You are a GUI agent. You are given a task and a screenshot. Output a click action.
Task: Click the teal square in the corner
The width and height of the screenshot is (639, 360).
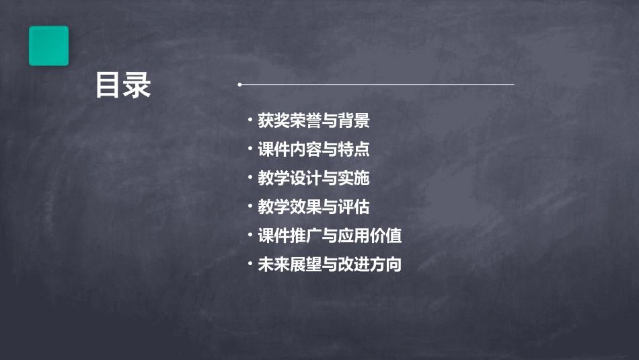click(48, 46)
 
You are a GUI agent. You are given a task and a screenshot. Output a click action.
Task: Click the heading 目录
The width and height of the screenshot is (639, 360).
click(123, 85)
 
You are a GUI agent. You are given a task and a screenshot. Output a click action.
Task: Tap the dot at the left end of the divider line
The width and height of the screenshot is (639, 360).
click(240, 85)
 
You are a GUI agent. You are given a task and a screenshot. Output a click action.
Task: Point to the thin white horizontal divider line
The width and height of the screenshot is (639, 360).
click(377, 85)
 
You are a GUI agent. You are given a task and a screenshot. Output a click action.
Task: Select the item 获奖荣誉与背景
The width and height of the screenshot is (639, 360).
click(313, 121)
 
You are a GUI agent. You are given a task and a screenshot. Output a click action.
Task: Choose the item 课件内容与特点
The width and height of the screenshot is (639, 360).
click(313, 149)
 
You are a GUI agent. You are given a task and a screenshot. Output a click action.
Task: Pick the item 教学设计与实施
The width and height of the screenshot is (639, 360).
click(313, 178)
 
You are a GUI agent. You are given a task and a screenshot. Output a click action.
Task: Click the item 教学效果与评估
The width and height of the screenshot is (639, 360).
click(313, 207)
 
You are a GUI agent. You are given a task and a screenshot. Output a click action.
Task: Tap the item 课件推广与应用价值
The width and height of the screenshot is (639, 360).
click(330, 236)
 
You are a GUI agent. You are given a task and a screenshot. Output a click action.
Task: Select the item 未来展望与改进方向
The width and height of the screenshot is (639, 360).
click(330, 264)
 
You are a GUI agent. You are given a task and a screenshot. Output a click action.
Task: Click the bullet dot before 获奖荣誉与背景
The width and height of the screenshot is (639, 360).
click(250, 121)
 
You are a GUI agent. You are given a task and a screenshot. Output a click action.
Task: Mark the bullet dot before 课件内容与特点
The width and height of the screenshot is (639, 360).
click(250, 149)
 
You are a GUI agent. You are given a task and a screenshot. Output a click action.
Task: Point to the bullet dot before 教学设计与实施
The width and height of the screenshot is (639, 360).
click(250, 178)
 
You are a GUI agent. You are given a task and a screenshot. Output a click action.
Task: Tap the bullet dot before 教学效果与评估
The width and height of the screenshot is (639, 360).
click(250, 207)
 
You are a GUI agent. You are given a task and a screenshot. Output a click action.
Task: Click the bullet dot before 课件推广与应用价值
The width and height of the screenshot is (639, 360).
click(250, 236)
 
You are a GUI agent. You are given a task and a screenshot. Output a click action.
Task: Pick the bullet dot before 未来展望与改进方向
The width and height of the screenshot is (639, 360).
click(250, 264)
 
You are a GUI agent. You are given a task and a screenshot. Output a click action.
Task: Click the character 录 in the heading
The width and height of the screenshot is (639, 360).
click(137, 85)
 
